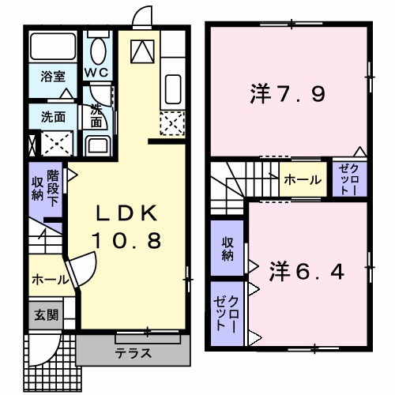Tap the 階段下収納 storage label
coord(45,186)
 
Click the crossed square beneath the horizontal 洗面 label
coord(54,143)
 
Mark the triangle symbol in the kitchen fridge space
coord(141,51)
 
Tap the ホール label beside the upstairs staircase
coord(303,180)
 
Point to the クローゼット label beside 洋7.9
coord(348,179)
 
